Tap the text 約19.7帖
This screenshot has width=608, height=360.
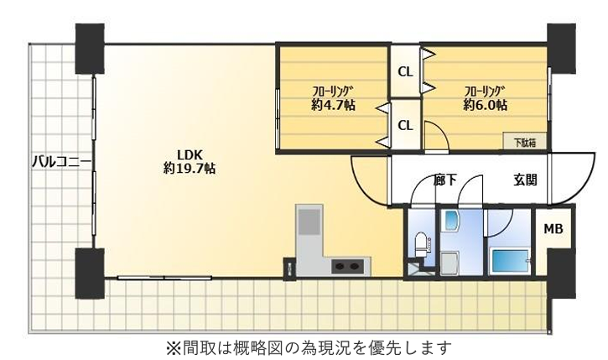click(188, 168)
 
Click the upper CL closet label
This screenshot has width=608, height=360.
click(404, 72)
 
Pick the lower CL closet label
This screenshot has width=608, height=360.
click(404, 125)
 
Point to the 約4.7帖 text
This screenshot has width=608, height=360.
click(332, 105)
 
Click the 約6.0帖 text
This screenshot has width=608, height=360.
click(485, 105)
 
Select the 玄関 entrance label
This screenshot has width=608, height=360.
click(525, 179)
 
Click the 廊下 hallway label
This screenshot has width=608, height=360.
click(445, 179)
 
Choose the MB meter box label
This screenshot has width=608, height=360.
click(553, 229)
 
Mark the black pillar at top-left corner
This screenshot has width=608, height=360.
click(89, 48)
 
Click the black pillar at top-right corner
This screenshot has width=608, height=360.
click(560, 46)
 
